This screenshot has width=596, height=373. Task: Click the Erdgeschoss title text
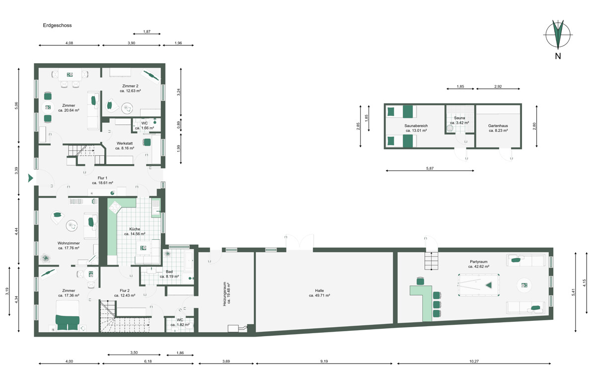(57, 25)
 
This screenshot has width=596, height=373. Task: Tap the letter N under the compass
(558, 56)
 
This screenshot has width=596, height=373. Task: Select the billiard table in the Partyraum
(478, 285)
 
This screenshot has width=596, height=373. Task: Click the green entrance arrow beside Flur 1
(31, 178)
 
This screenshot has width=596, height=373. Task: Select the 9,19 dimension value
(324, 361)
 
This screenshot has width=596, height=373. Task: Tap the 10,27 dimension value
(474, 361)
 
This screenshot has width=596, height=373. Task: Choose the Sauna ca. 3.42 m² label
(459, 120)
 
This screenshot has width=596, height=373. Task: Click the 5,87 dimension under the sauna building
(430, 169)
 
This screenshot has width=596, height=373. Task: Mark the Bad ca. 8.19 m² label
(169, 274)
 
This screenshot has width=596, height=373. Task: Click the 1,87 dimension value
(147, 31)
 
